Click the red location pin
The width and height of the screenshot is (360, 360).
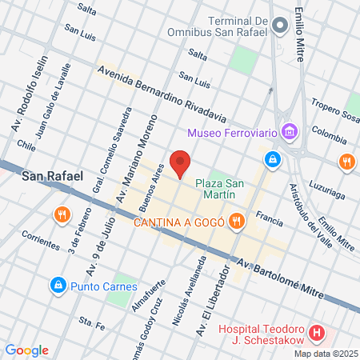click(x=181, y=163)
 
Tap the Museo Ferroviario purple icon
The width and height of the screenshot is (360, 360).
click(x=290, y=130)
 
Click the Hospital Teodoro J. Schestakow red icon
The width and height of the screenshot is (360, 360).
click(x=318, y=331)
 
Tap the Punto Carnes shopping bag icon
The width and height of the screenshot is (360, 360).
click(x=58, y=286)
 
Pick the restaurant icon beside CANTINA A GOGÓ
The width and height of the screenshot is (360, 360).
click(x=235, y=221)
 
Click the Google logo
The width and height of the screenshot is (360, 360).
click(x=27, y=350)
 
